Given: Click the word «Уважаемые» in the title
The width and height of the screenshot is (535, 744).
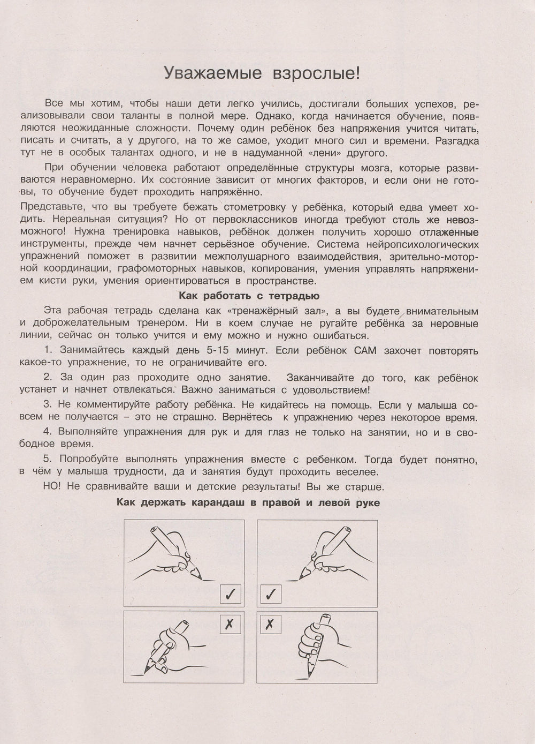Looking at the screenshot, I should [213, 73].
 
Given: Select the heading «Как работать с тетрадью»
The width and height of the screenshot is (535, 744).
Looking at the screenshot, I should [249, 295].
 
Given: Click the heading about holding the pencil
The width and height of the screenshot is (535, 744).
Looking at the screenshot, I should [248, 502].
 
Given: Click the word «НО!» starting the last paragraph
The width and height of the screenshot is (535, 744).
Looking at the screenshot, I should [55, 487].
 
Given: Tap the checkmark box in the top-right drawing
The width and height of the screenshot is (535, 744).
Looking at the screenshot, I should [271, 593].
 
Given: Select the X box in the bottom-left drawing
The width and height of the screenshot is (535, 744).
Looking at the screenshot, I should [230, 625].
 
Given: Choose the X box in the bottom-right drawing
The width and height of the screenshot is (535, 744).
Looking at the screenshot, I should [270, 625].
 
